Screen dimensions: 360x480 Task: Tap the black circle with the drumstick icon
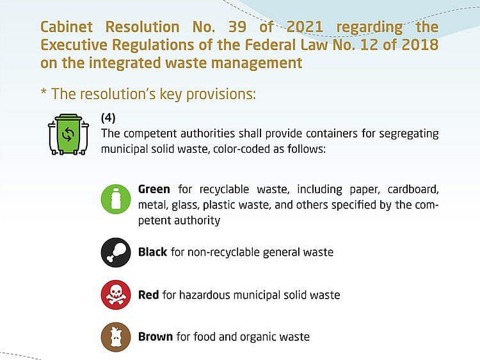point(116,252)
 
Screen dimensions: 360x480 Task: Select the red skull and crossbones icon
point(116,294)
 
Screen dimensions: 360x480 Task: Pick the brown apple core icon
point(116,336)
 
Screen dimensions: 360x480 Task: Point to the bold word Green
point(154,189)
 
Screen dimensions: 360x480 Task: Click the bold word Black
point(152,252)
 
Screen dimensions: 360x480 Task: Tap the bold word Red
point(148,295)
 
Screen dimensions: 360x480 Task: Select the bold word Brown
point(156,336)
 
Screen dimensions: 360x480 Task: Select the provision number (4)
point(108,118)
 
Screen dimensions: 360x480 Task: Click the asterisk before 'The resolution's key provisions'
point(44,94)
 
